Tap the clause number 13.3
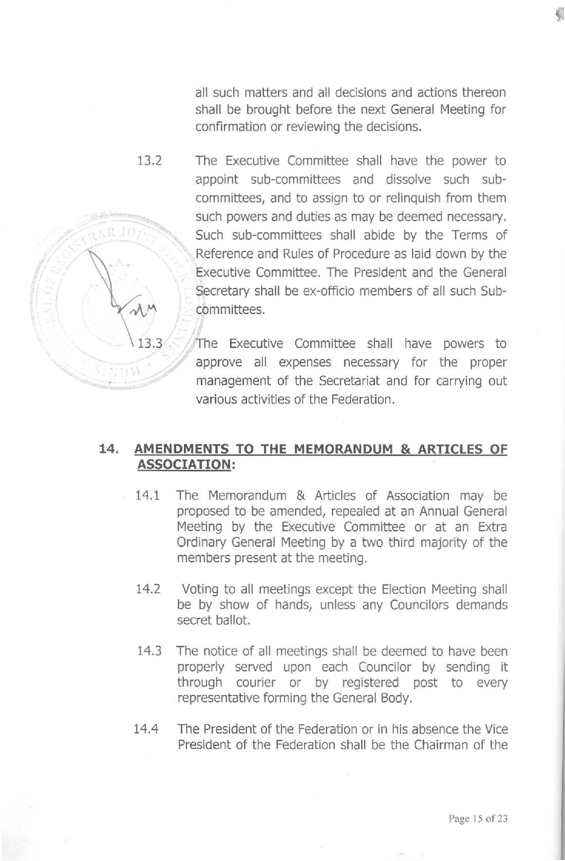(150, 343)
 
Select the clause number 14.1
(147, 496)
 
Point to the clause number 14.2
(147, 589)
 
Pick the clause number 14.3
(149, 651)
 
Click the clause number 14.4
(146, 729)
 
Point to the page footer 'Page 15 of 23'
(478, 818)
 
